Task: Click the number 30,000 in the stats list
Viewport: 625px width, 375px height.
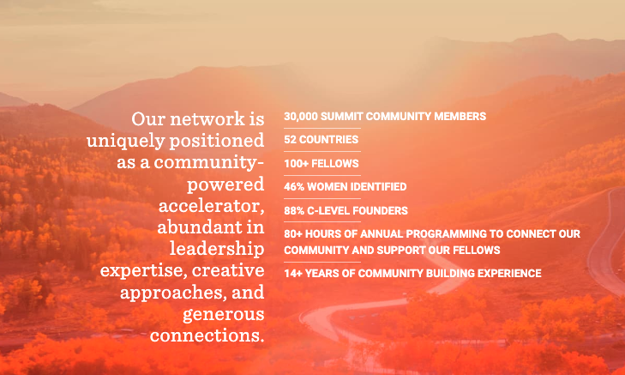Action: tap(301, 117)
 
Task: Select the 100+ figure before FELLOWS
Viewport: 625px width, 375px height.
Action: tap(296, 164)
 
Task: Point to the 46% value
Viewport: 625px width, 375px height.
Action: tap(294, 187)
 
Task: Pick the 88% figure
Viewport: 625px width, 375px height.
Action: tap(294, 210)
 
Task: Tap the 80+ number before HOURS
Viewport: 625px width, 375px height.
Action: tap(293, 233)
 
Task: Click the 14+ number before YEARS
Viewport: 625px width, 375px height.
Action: tap(293, 273)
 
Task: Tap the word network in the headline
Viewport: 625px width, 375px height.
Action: tap(207, 119)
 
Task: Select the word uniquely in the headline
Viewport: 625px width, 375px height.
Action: tap(125, 142)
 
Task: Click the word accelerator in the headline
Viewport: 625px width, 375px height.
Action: tap(211, 206)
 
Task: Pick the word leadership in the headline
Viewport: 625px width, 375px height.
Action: tap(217, 250)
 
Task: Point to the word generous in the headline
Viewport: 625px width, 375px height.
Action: tap(224, 315)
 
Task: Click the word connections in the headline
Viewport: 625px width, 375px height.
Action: tap(207, 336)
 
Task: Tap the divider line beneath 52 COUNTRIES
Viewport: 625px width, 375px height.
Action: tap(322, 152)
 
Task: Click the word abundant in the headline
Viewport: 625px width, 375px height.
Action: tap(200, 227)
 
